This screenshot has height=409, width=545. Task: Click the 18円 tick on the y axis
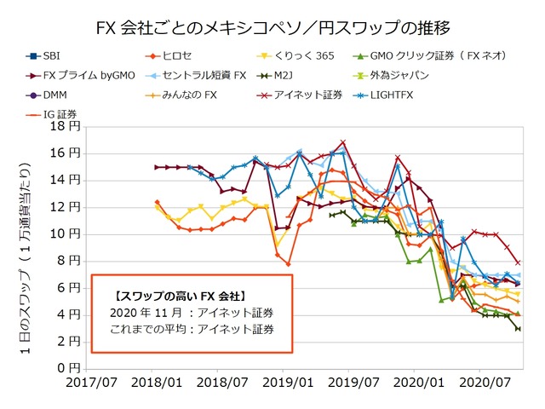[67, 126]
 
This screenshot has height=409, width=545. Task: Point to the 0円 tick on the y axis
[71, 368]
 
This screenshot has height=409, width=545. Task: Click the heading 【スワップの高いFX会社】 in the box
[167, 296]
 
